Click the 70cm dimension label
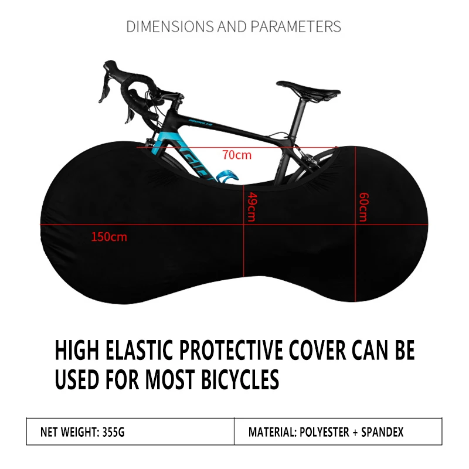pyautogui.click(x=237, y=155)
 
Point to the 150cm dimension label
pyautogui.click(x=109, y=237)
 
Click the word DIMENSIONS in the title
pyautogui.click(x=162, y=26)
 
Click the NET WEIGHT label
pyautogui.click(x=68, y=433)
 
